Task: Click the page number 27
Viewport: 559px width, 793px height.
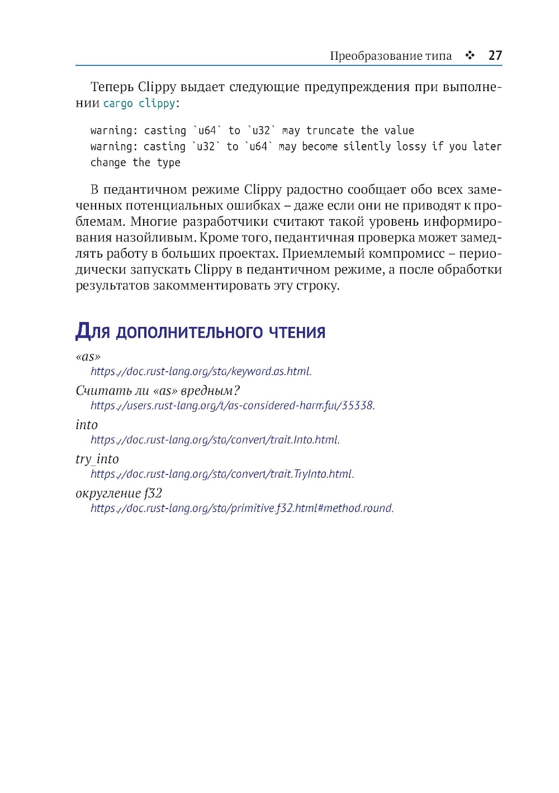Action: pyautogui.click(x=495, y=55)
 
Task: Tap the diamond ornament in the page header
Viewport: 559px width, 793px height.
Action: pyautogui.click(x=470, y=55)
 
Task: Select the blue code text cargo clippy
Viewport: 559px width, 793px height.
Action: pyautogui.click(x=139, y=103)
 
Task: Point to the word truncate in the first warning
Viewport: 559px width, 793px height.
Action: pyautogui.click(x=330, y=131)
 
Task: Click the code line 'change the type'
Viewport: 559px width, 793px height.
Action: pyautogui.click(x=135, y=163)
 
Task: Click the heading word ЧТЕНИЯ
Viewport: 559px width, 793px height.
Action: pyautogui.click(x=297, y=333)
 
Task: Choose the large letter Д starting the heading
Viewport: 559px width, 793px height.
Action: pyautogui.click(x=83, y=331)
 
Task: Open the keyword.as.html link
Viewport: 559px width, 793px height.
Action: pyautogui.click(x=201, y=372)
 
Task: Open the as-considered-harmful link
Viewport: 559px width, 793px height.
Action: pyautogui.click(x=233, y=406)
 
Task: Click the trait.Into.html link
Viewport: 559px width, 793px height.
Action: pyautogui.click(x=215, y=440)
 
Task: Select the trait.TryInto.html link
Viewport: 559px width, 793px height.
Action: pyautogui.click(x=222, y=474)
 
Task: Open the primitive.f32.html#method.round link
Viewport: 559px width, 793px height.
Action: pyautogui.click(x=242, y=509)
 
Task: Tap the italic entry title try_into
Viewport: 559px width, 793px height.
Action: pyautogui.click(x=97, y=459)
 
